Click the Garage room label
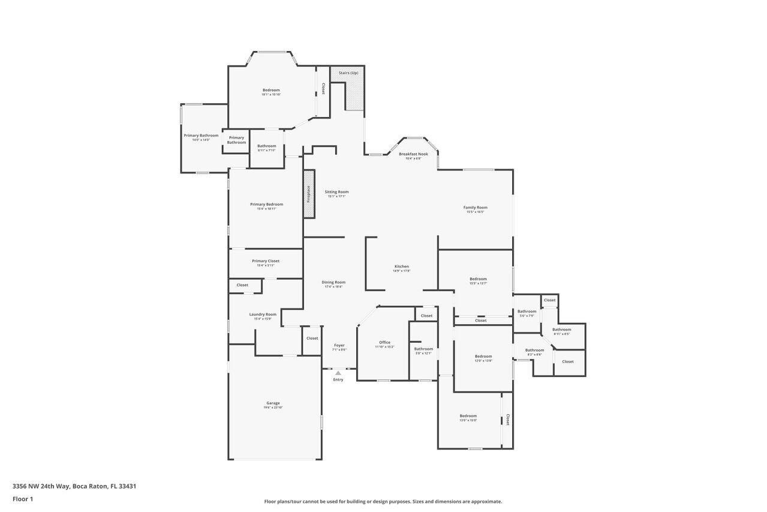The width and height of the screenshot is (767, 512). click(x=273, y=403)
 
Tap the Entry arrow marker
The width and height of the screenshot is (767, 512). click(x=338, y=373)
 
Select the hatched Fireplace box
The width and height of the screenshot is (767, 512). click(x=309, y=194)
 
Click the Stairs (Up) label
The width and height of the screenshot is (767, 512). click(x=348, y=73)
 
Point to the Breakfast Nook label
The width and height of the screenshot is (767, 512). click(x=413, y=154)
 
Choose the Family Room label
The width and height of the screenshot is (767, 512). click(x=475, y=208)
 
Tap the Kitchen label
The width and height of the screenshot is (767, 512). click(x=401, y=267)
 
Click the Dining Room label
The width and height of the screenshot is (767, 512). click(x=333, y=282)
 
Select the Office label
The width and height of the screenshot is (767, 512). click(x=384, y=342)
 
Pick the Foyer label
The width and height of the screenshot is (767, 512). click(x=339, y=345)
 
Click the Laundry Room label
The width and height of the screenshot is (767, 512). click(x=263, y=315)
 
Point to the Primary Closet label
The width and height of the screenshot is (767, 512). click(x=265, y=261)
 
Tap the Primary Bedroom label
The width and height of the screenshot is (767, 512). click(x=266, y=205)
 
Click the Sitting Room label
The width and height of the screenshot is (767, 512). click(x=336, y=192)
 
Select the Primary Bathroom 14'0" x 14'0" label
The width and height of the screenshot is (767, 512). click(x=201, y=136)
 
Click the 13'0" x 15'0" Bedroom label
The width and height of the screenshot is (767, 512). click(x=468, y=416)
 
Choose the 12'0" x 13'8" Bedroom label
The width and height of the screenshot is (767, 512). click(x=483, y=357)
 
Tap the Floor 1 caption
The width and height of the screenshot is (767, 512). click(x=23, y=499)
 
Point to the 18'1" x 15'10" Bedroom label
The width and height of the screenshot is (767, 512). click(x=271, y=90)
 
